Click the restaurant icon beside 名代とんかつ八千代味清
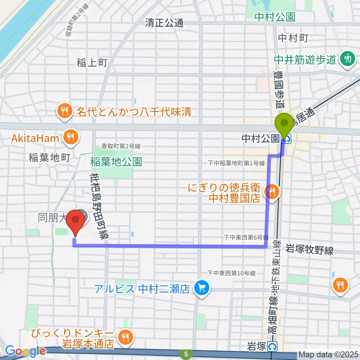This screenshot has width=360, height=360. coord(65,111)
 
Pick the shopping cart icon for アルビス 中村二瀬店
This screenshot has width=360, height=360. coord(201,288)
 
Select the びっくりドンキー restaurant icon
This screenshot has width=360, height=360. coord(124,338)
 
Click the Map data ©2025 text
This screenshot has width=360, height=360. coord(328,354)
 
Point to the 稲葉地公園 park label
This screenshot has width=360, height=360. coord(116,162)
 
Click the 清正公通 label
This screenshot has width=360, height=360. coord(164,23)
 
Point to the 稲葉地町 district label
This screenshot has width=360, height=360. coord(49,158)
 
